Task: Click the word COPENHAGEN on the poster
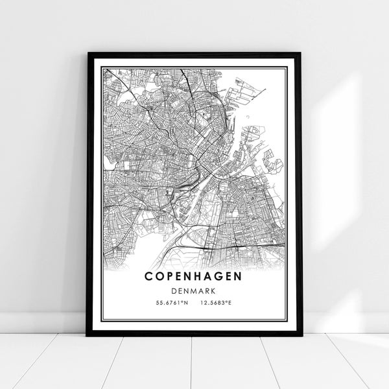(194, 276)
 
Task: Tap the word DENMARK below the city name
(194, 291)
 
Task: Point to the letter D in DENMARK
(174, 291)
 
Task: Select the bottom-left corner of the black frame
(88, 335)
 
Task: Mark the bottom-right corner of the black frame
(300, 335)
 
